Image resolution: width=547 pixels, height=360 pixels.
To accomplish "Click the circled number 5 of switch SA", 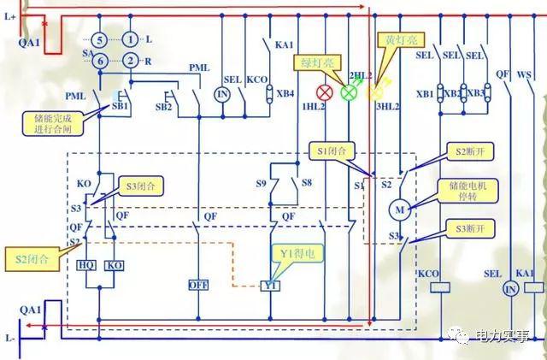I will pyautogui.click(x=99, y=39).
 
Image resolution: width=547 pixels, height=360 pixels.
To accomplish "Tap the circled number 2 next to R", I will pyautogui.click(x=130, y=60).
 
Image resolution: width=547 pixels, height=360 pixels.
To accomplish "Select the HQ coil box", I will pyautogui.click(x=86, y=265).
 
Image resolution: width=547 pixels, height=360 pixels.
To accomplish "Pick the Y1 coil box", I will pyautogui.click(x=273, y=285).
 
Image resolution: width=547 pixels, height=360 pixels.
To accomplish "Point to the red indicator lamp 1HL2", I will pyautogui.click(x=325, y=92).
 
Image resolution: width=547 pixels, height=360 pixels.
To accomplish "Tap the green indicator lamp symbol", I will pyautogui.click(x=349, y=92).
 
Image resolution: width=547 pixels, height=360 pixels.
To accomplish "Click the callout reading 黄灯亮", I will pyautogui.click(x=397, y=40).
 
